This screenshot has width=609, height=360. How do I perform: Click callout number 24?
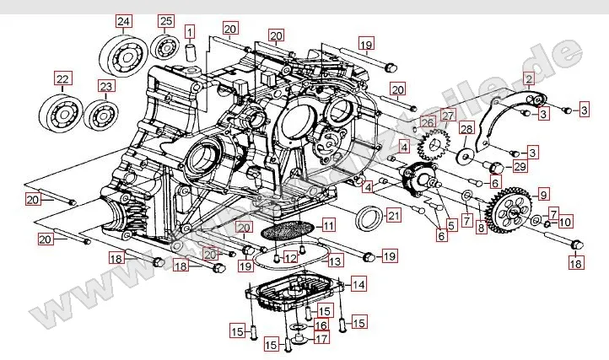pos(124,20)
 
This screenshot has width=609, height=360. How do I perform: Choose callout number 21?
pos(394,216)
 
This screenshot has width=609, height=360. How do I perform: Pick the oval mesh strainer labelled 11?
pos(288,228)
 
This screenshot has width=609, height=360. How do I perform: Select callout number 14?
pos(359,284)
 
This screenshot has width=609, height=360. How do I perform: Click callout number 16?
pos(321,325)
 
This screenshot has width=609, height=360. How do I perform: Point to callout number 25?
pos(166,20)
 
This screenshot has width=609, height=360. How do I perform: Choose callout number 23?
pos(105,86)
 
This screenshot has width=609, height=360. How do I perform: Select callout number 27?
pos(447,116)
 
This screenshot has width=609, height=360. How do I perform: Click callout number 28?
pos(466,128)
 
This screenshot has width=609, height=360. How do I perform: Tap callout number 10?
pos(565,223)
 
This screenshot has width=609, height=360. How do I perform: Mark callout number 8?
pos(482,228)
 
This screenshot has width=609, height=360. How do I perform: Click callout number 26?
pos(428,123)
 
